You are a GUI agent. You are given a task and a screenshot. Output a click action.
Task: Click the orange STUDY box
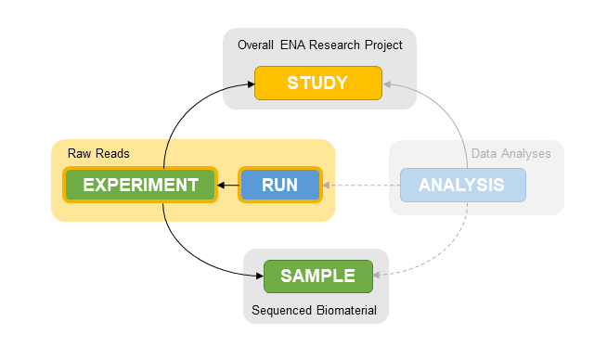coord(318,83)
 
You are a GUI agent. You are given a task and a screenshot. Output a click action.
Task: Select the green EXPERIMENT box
coord(140,185)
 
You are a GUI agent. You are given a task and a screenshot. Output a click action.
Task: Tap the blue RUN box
coord(279,185)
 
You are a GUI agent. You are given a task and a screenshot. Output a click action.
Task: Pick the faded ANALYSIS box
coord(462,185)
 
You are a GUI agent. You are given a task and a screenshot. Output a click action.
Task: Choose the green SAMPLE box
coord(317,276)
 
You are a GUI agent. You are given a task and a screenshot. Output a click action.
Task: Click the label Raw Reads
coord(98,153)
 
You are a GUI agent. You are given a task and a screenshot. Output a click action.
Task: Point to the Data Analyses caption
coord(510,153)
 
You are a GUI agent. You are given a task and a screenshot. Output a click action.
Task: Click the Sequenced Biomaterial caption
coord(315,310)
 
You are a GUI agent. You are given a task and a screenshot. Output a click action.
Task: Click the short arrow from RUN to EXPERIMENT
coord(228,185)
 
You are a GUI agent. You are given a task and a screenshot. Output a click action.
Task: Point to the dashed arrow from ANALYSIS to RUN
coord(362,185)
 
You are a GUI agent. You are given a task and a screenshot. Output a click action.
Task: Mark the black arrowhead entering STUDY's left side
coord(250,84)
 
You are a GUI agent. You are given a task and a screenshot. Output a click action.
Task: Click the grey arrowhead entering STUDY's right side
coord(388,84)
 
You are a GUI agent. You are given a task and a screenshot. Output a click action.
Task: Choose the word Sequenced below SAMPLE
coord(282,310)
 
